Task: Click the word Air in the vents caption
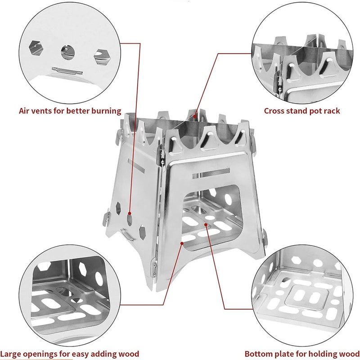[25, 110]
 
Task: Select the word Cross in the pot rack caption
[274, 110]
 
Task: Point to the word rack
[331, 110]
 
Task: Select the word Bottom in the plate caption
[258, 354]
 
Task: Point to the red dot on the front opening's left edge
[181, 243]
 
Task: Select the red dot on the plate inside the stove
[206, 222]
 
